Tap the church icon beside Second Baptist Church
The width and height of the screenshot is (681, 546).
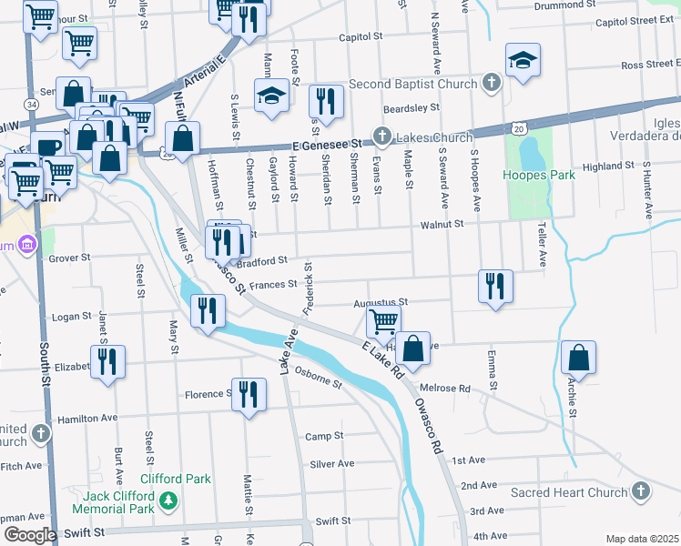click(492, 84)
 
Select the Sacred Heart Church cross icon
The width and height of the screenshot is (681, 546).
click(641, 492)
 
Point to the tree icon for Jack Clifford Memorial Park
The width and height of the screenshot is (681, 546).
click(168, 500)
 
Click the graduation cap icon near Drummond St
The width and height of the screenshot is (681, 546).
click(523, 61)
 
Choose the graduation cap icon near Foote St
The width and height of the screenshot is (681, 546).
click(271, 96)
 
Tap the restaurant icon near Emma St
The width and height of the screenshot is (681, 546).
click(495, 286)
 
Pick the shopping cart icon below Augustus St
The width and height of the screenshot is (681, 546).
click(383, 320)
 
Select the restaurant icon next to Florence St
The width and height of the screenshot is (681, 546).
click(249, 394)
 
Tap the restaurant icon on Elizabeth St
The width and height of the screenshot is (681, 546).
click(107, 361)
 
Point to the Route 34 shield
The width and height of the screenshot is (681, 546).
click(32, 105)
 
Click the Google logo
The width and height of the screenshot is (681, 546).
click(29, 535)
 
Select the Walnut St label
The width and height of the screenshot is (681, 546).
click(442, 224)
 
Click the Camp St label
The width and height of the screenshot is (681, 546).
click(323, 436)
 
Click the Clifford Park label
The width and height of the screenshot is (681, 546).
click(175, 479)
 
